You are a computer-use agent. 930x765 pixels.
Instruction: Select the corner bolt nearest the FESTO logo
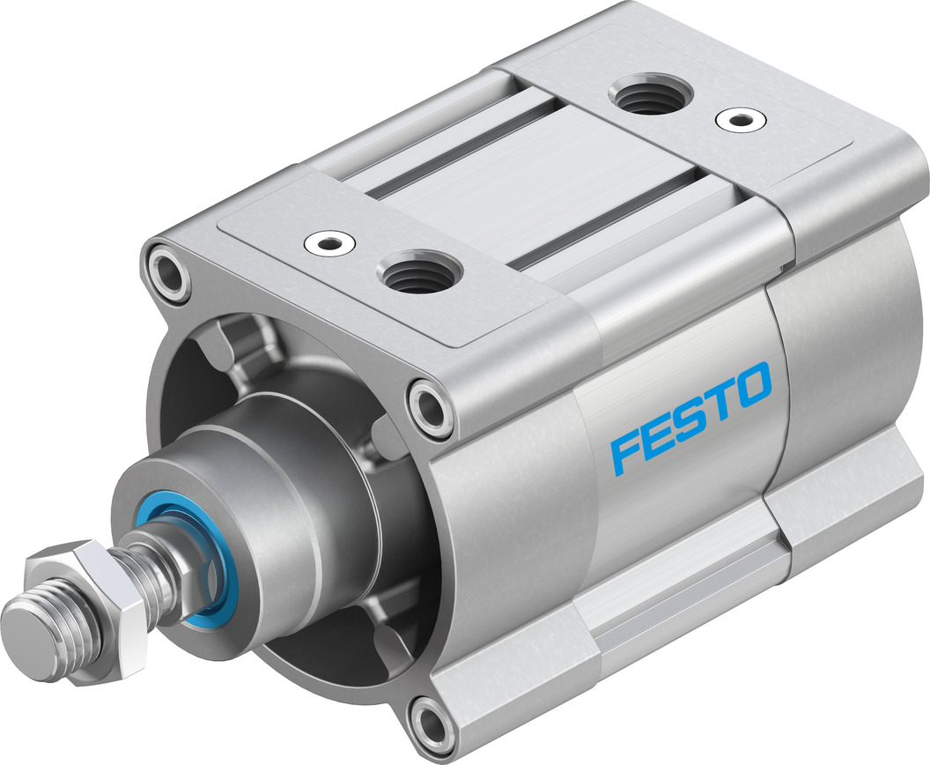click(432, 406)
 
